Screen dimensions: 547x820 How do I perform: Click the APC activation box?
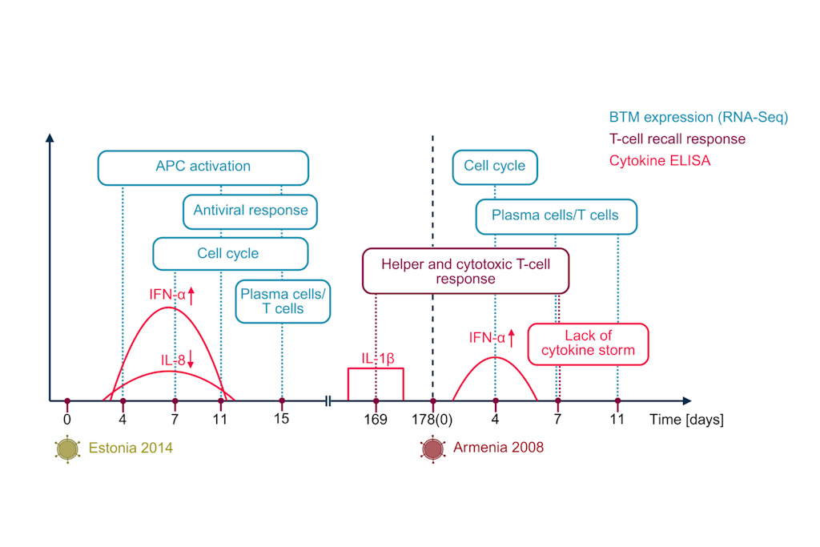(203, 167)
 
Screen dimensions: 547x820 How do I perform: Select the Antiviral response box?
(251, 211)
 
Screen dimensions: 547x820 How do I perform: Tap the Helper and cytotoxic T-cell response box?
(465, 271)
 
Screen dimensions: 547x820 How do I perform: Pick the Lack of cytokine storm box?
(588, 343)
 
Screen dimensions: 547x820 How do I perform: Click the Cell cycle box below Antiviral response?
(230, 253)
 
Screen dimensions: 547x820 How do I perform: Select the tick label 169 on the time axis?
(376, 419)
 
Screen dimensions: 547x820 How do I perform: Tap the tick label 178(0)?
(434, 419)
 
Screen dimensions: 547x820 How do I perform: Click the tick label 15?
(281, 419)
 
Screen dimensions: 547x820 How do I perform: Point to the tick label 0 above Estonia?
(67, 419)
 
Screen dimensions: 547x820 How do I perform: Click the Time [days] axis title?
(686, 420)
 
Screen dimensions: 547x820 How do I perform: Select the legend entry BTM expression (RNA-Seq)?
(698, 117)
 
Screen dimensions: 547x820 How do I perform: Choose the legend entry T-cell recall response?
(677, 139)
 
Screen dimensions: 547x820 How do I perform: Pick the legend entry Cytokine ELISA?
(659, 160)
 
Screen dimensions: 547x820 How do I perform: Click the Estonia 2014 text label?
(132, 448)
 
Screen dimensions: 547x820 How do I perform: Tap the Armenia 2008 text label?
(497, 448)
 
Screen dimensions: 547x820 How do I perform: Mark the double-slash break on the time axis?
(328, 400)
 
